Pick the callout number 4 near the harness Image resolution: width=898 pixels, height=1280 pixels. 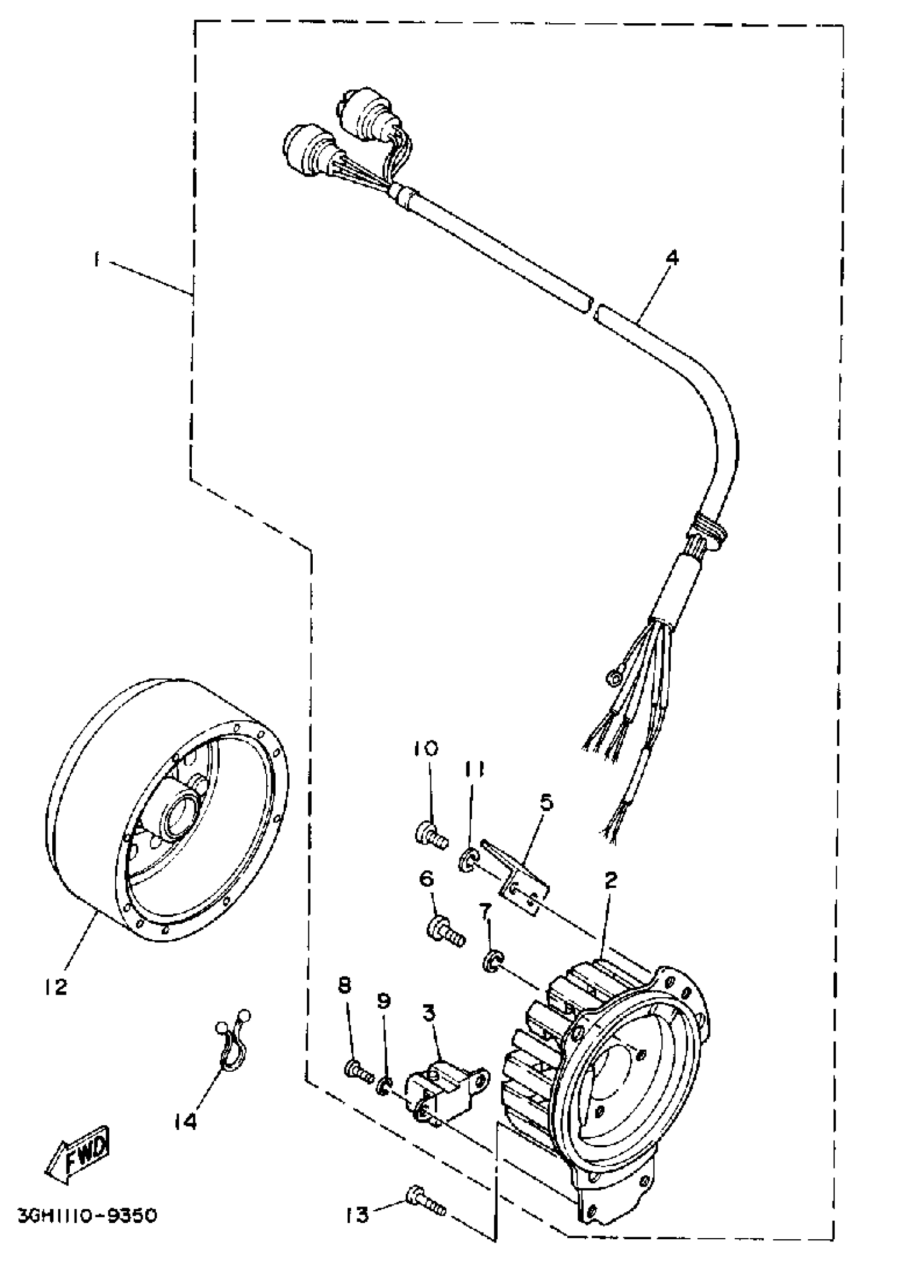click(x=672, y=258)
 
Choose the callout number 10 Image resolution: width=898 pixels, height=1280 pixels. click(x=426, y=748)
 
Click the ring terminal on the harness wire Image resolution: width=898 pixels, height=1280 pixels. click(x=612, y=678)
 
